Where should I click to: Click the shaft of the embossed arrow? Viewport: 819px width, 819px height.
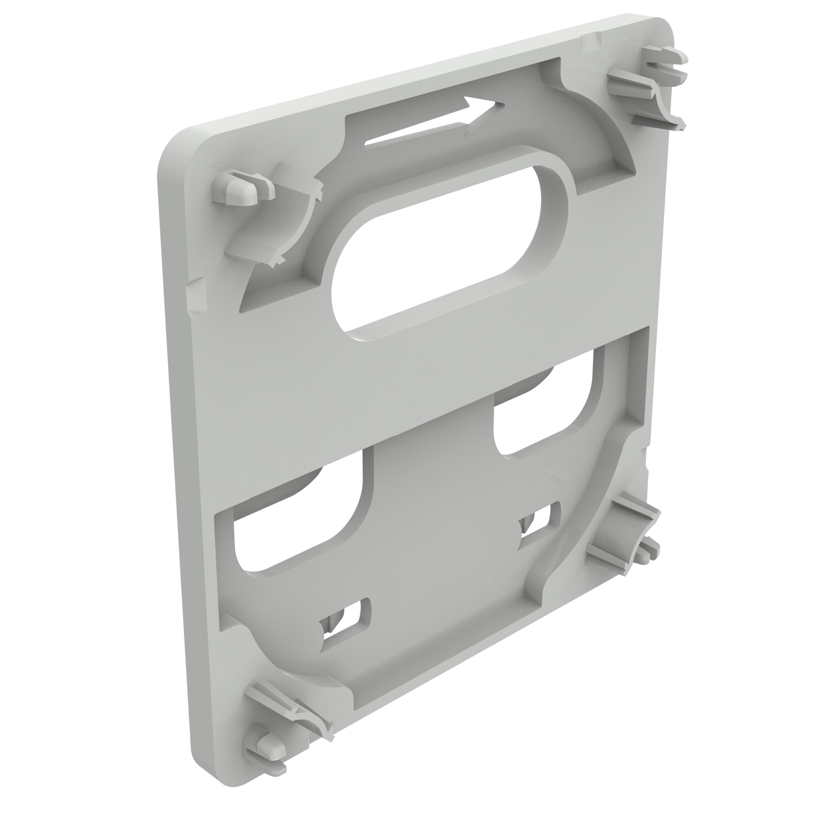[415, 131]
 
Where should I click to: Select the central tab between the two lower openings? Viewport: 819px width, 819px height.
[431, 491]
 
